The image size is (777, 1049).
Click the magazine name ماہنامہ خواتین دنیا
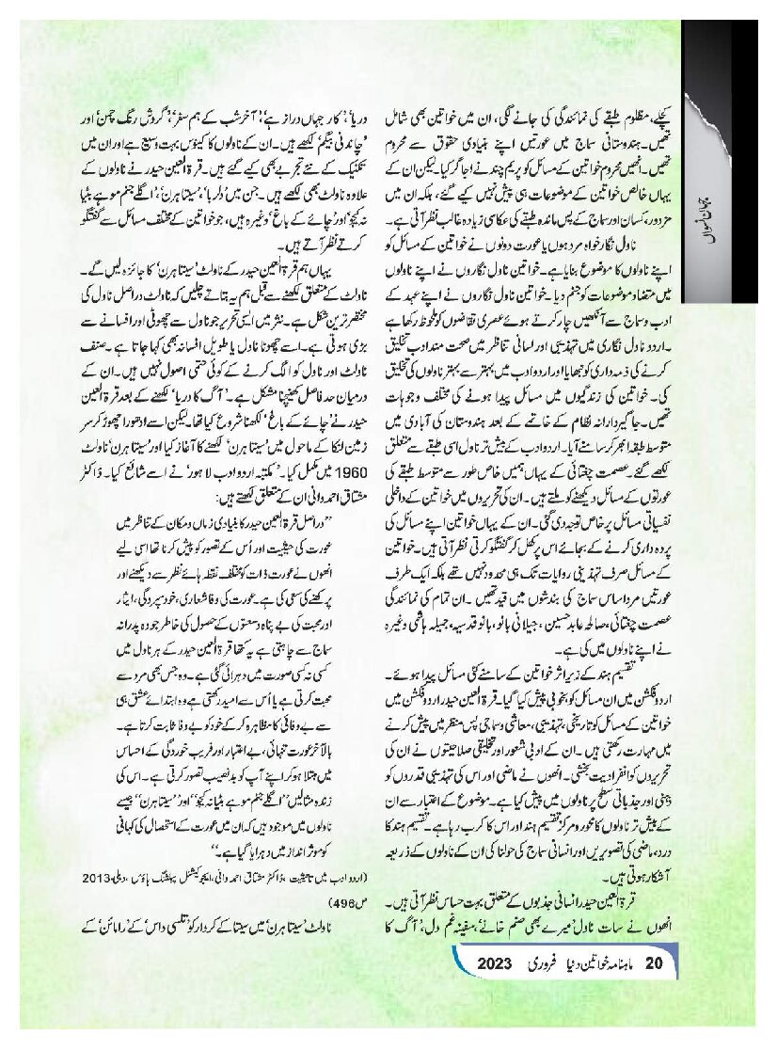pyautogui.click(x=602, y=963)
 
